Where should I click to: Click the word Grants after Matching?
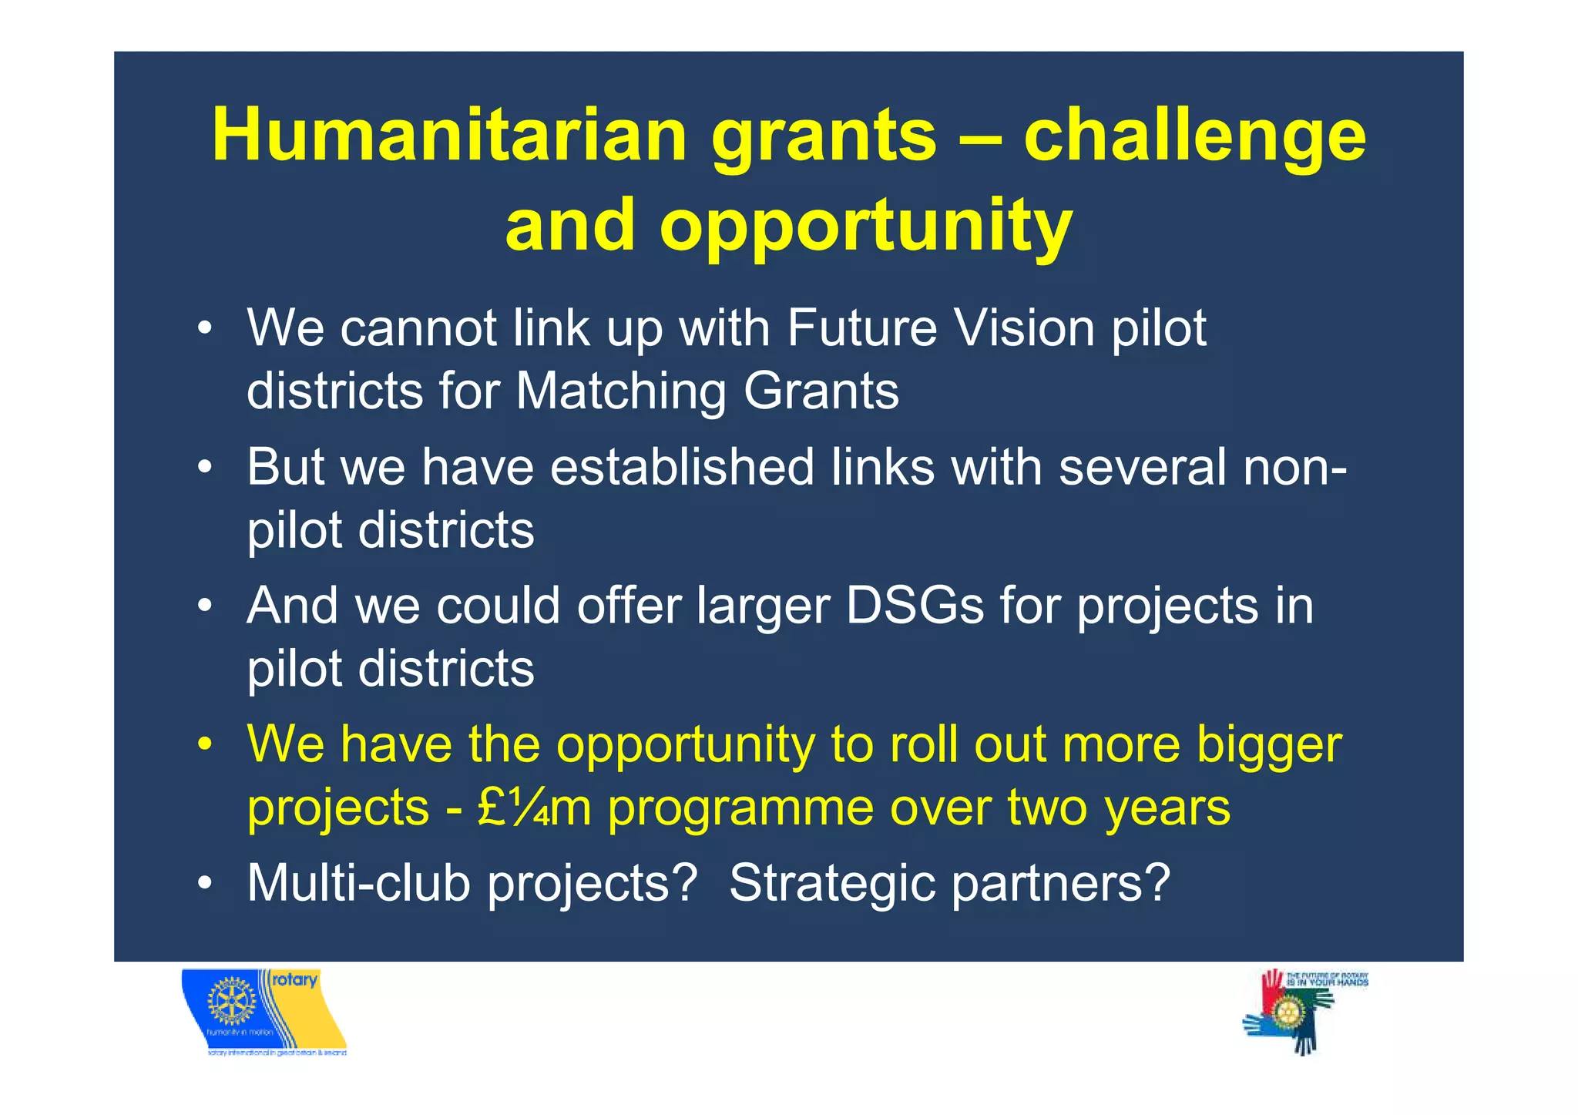[x=821, y=391]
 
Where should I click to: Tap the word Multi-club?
[x=358, y=883]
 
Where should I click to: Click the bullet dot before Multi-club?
[x=204, y=883]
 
